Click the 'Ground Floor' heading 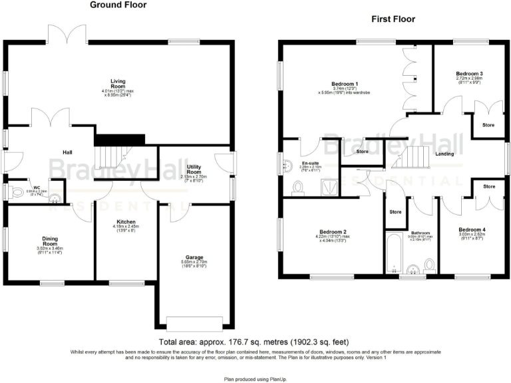point(118,5)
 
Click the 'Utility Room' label point(194,169)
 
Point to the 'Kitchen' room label point(126,221)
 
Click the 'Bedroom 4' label point(472,230)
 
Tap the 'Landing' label point(444,154)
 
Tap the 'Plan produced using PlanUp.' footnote point(255,377)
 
